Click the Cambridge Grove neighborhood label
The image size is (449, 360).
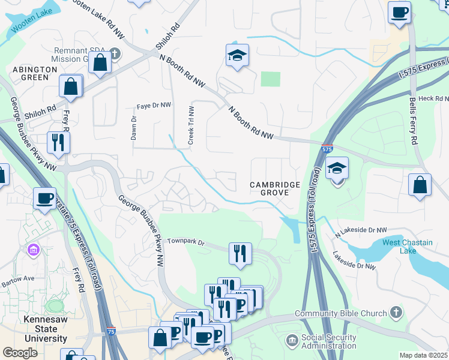click(x=274, y=188)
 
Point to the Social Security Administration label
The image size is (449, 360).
click(x=329, y=341)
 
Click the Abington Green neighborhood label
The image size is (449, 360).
click(x=34, y=74)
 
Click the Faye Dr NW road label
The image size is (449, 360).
click(x=154, y=106)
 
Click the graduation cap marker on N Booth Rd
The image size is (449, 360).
click(x=237, y=56)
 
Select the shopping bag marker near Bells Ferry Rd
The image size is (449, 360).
click(x=420, y=185)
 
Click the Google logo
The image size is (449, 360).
click(x=20, y=353)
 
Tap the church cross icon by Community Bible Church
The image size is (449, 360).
click(x=395, y=312)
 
